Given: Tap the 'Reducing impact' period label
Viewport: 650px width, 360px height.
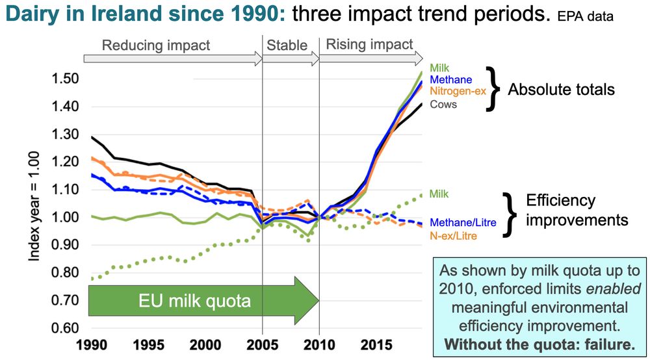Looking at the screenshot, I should click(156, 45).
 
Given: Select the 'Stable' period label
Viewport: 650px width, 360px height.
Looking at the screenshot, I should click(287, 45).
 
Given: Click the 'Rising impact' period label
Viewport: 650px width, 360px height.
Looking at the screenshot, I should click(369, 44).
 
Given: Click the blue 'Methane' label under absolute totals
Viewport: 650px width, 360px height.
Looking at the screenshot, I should click(450, 79).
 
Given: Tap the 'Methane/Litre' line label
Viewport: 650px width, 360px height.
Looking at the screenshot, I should click(463, 223).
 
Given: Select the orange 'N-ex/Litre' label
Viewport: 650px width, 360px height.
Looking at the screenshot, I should click(454, 236).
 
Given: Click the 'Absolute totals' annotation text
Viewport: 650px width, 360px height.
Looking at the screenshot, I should click(561, 89).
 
